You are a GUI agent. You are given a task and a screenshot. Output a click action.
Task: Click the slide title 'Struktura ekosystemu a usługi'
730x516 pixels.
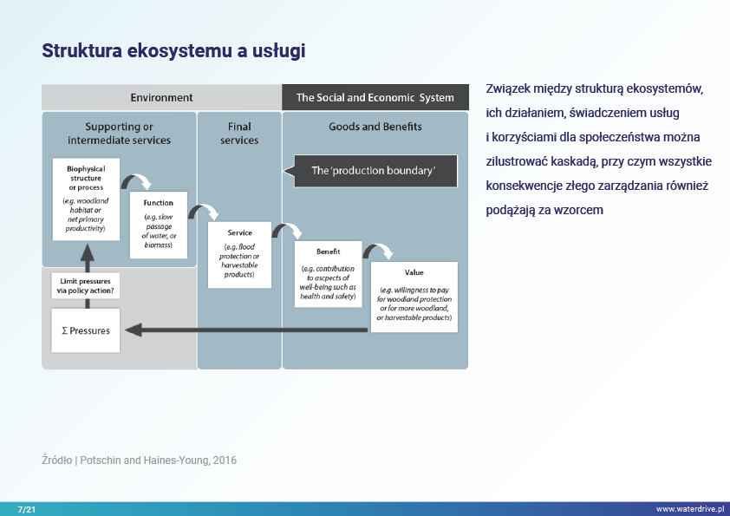173,51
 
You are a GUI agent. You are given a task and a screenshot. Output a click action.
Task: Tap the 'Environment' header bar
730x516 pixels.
161,97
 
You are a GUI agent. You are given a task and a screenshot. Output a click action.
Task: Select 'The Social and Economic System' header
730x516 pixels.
375,97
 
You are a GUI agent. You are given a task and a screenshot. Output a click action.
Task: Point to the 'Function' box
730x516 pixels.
159,225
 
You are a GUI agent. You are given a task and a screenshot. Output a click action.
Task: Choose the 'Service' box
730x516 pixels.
239,255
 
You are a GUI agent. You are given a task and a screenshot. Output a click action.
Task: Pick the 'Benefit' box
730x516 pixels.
328,272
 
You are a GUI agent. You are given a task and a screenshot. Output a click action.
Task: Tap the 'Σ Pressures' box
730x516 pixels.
85,330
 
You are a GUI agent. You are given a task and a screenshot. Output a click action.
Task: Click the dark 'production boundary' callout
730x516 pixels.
374,170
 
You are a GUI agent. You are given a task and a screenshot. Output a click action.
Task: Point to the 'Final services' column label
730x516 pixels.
239,133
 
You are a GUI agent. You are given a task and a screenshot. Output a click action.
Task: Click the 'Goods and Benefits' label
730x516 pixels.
375,127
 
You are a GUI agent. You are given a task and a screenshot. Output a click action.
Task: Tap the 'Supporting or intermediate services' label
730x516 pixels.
120,133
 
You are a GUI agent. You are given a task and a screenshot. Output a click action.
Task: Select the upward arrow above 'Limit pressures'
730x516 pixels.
86,252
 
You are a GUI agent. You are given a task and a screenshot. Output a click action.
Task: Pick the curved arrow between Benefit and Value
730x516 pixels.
376,251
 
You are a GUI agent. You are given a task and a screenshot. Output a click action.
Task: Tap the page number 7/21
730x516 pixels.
26,508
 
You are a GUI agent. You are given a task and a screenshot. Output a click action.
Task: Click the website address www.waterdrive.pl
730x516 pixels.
689,508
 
